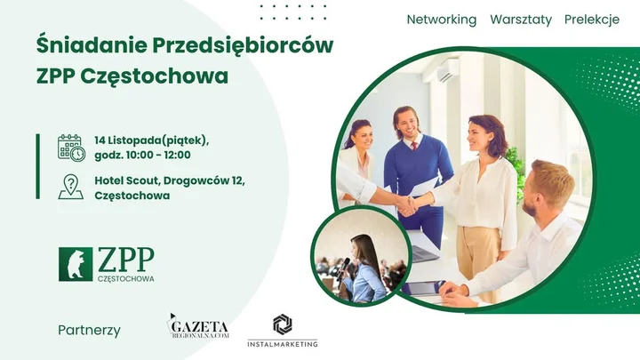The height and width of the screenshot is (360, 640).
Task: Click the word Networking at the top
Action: [x=441, y=20]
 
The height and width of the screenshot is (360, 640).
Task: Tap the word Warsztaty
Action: [x=520, y=20]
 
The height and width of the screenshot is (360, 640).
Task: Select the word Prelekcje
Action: [x=591, y=20]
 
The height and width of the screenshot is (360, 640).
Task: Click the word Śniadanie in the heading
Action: [x=82, y=46]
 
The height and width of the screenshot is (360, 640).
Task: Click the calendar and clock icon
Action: [x=71, y=148]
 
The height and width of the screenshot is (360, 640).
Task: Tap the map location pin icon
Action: [x=70, y=187]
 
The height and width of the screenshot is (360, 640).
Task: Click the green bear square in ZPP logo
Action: [x=76, y=264]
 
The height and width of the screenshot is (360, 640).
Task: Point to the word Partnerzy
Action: [x=89, y=330]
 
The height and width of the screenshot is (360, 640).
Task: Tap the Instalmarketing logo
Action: [x=283, y=330]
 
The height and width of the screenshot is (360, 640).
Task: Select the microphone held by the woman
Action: [x=346, y=264]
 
